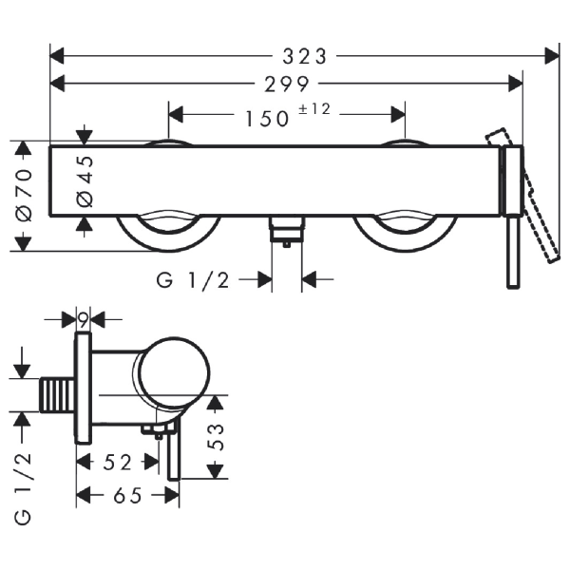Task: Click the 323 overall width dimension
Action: pos(305,57)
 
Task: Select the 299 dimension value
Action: pos(287,85)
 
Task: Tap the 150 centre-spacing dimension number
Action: pos(268,119)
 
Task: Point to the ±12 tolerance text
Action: pos(314,109)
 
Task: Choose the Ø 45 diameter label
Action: pos(85,181)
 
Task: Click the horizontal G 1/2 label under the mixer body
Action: pos(193,280)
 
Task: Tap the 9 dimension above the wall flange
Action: pos(84,320)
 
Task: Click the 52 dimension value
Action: pos(117,463)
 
